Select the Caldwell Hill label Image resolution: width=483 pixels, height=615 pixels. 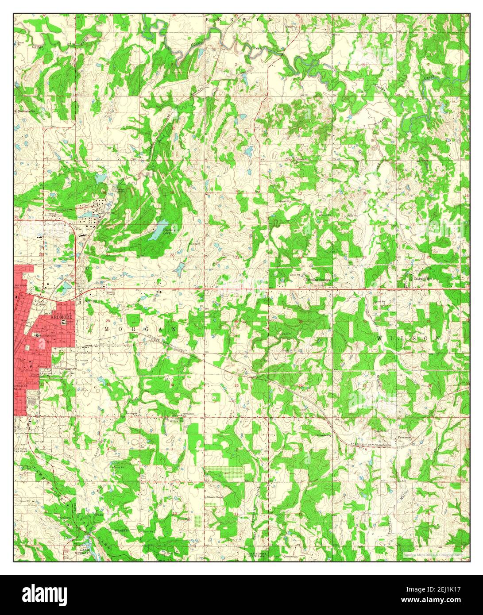[x=423, y=279]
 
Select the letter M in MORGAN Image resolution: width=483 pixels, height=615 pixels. [x=107, y=329]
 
